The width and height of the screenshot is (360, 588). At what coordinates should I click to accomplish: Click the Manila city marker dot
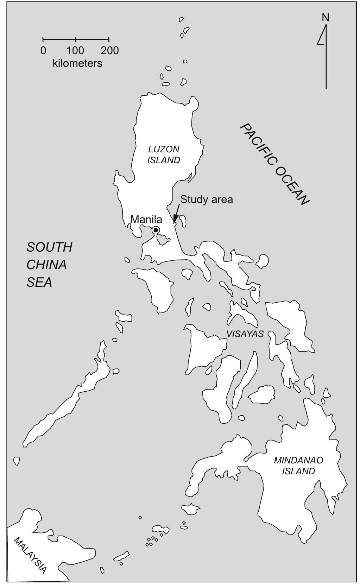156,230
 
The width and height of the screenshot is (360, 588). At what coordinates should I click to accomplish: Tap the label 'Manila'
146,220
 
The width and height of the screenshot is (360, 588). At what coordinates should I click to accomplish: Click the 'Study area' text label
207,200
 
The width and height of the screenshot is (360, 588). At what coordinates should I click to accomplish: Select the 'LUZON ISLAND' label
164,154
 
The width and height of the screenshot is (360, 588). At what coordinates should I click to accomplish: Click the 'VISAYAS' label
245,334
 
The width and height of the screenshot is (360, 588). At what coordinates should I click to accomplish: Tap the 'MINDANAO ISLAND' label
298,466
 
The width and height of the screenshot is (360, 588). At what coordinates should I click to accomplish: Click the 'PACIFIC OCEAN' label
274,164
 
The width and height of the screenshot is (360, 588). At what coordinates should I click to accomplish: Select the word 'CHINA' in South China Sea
46,265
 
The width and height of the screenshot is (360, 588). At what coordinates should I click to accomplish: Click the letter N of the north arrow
326,17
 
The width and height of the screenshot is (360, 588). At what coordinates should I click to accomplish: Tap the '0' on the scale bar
43,51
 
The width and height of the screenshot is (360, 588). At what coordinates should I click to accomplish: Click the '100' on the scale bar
75,51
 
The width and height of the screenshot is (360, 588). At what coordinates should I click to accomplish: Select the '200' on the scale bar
110,51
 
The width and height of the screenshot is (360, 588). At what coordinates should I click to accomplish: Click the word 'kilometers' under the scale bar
77,63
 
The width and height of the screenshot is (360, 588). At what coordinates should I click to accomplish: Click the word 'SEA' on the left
39,282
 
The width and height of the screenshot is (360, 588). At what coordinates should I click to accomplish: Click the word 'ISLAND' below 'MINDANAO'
298,471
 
